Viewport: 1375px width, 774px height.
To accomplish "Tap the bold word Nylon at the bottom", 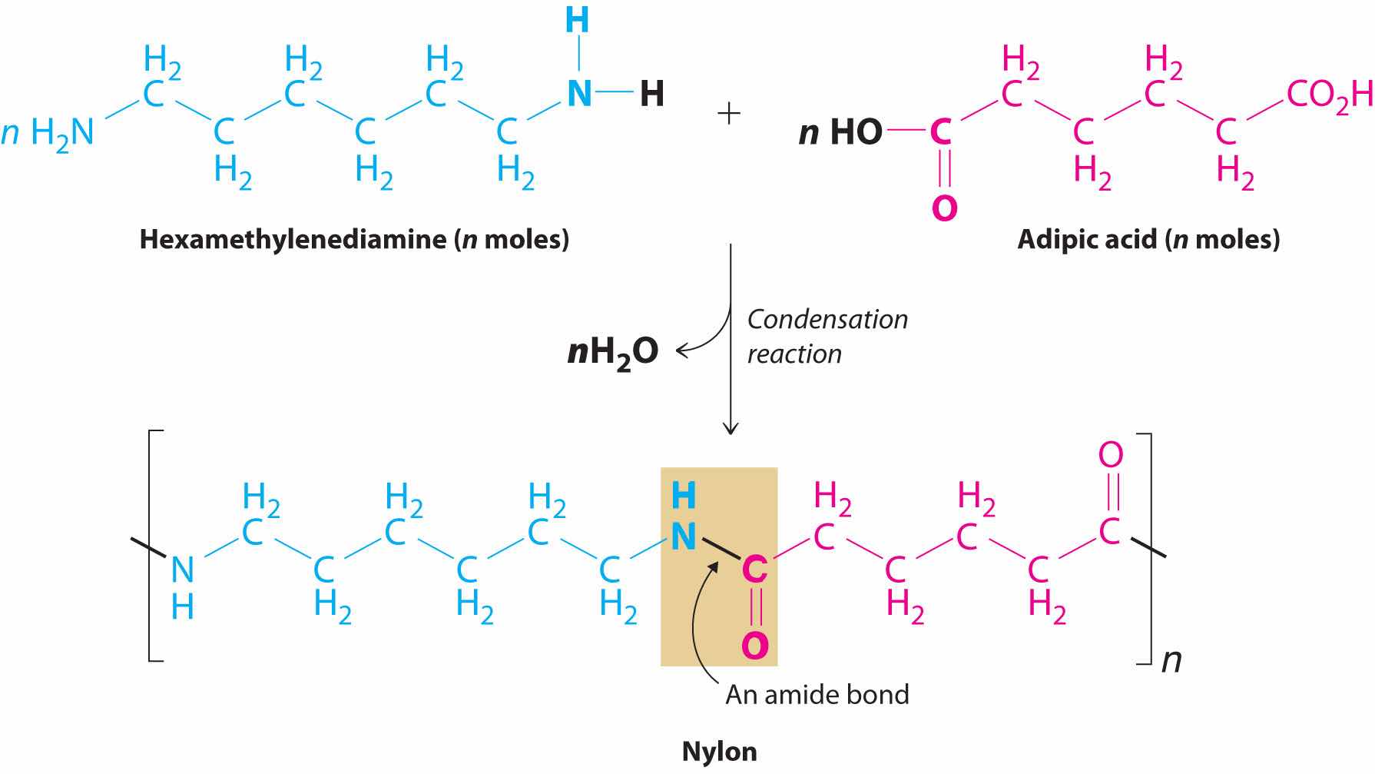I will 719,751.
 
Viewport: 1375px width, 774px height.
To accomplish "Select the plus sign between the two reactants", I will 728,115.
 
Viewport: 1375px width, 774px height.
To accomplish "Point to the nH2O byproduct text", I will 613,352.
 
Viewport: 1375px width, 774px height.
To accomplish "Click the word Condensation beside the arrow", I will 827,319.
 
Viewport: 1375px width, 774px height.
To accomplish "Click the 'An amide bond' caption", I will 817,695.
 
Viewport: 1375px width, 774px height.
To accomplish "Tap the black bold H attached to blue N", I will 651,95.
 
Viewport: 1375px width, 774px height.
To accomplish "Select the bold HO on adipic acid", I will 856,133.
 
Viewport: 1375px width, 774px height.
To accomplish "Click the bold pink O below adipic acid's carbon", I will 944,208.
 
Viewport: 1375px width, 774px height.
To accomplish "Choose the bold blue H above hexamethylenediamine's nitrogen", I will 577,22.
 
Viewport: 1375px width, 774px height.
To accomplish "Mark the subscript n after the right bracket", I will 1171,659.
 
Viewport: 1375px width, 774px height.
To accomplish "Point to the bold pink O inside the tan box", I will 754,645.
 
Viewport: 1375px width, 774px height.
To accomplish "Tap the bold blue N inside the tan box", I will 683,536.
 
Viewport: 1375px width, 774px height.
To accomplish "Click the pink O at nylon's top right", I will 1111,455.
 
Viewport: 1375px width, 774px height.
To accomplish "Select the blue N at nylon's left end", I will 183,570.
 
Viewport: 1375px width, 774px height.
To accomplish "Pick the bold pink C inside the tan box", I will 754,570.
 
